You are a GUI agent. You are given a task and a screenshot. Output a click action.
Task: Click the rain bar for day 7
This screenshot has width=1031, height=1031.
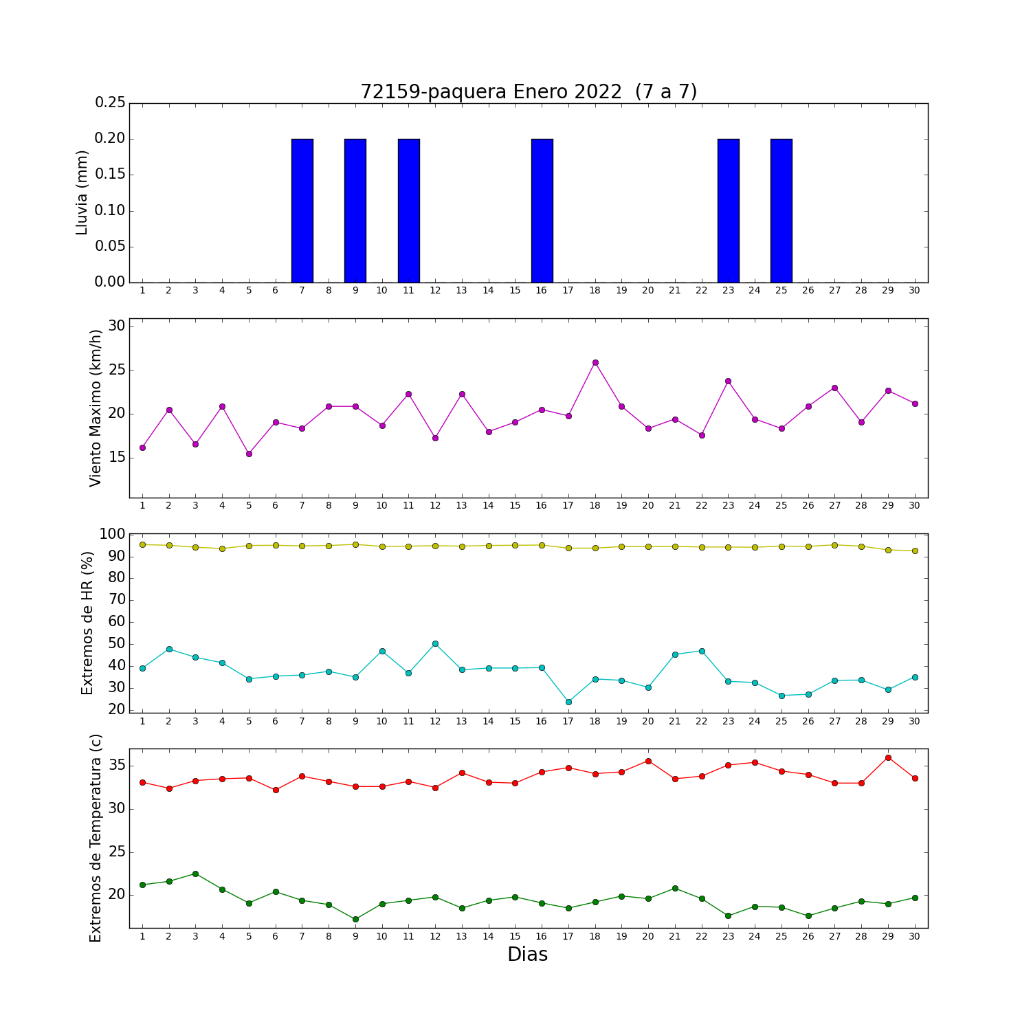[x=302, y=210]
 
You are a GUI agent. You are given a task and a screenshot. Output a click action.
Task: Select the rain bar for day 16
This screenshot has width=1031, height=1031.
[x=542, y=210]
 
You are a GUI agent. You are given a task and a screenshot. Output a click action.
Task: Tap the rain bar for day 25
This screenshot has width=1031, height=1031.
[x=781, y=210]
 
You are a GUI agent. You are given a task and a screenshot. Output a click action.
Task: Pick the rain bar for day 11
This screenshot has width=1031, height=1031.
[x=409, y=210]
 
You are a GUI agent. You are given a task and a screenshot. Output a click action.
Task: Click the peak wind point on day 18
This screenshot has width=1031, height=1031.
[x=595, y=362]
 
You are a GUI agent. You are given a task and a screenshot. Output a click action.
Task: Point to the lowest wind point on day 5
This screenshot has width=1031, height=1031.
[x=249, y=454]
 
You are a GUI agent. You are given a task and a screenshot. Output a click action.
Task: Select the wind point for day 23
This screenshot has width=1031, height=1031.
[x=728, y=381]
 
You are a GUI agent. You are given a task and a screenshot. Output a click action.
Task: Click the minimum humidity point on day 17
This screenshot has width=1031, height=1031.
[x=568, y=702]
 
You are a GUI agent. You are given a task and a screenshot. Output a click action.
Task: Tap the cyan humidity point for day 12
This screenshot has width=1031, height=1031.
[x=435, y=643]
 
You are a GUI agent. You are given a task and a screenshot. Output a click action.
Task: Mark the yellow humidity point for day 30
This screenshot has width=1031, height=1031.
[x=915, y=551]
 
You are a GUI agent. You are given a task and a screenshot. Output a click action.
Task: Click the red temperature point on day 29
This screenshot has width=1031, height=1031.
[x=888, y=757]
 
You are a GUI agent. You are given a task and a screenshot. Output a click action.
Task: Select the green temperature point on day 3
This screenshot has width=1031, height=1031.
[x=195, y=874]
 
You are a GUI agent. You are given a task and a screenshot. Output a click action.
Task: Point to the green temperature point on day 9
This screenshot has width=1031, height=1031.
[x=355, y=919]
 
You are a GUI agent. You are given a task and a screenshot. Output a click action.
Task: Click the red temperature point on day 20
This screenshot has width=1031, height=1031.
[x=648, y=761]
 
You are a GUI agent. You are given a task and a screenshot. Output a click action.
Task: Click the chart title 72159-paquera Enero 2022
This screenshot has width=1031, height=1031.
[x=491, y=92]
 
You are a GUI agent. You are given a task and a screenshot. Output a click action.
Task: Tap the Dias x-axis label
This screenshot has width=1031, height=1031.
[x=528, y=954]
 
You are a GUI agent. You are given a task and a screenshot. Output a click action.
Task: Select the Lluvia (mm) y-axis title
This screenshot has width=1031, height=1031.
[x=82, y=193]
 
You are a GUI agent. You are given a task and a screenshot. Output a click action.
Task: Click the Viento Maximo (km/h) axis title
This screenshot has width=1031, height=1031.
[x=96, y=408]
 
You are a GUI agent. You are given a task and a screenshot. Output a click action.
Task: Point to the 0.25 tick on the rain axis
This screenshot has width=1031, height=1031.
[x=110, y=103]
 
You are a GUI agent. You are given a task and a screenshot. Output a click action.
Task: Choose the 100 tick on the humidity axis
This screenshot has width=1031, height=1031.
[x=113, y=534]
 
